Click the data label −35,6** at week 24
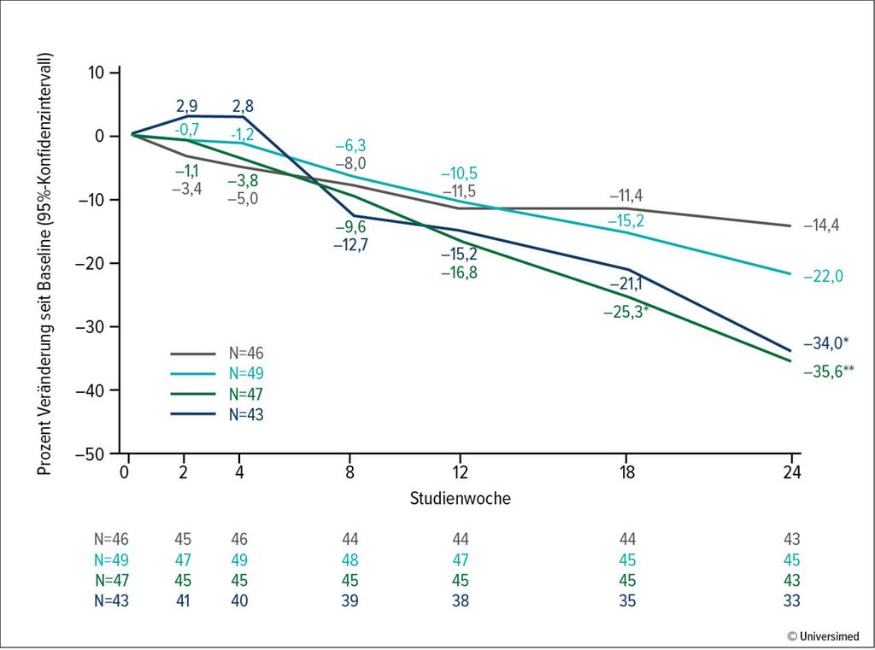(829, 372)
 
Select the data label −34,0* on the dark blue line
(825, 344)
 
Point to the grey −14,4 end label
(821, 227)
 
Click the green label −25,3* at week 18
(625, 312)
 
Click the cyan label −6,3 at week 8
(351, 146)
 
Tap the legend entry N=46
(254, 352)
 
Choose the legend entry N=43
(254, 414)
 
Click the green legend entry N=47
(254, 394)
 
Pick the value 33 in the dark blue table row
(792, 601)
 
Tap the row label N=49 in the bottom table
(112, 560)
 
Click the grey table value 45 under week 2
(183, 540)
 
